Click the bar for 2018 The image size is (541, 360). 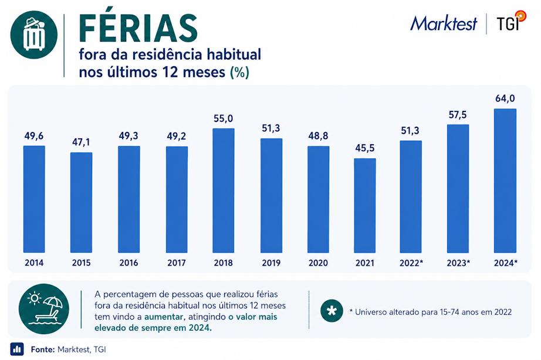click(223, 191)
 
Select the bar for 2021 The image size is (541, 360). click(365, 206)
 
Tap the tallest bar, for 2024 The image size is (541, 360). click(505, 181)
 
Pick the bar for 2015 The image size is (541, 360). click(81, 203)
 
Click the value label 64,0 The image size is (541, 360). click(505, 99)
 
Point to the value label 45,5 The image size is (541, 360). click(365, 148)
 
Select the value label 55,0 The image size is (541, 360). click(223, 118)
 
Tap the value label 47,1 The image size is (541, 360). click(81, 142)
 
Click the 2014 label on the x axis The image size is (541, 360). click(34, 263)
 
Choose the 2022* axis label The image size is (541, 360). click(411, 263)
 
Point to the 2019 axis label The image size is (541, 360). click(271, 263)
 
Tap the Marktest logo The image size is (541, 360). click(444, 23)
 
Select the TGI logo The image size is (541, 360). click(511, 21)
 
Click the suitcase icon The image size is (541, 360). click(34, 35)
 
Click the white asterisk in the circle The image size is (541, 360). click(332, 311)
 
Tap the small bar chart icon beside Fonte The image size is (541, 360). click(17, 349)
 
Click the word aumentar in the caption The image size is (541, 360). click(164, 317)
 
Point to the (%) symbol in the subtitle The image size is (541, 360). click(239, 73)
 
